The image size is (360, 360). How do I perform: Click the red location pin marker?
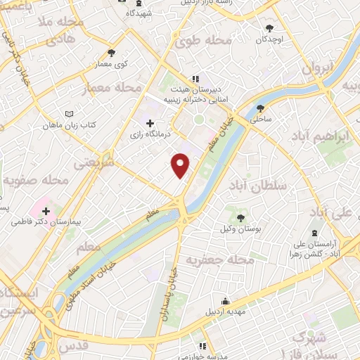point(181,165)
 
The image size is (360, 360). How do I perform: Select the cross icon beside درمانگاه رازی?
point(150,124)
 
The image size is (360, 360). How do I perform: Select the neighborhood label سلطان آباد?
point(259,184)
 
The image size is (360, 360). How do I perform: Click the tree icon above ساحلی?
point(262,108)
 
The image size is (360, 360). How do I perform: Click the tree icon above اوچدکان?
point(270,29)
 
